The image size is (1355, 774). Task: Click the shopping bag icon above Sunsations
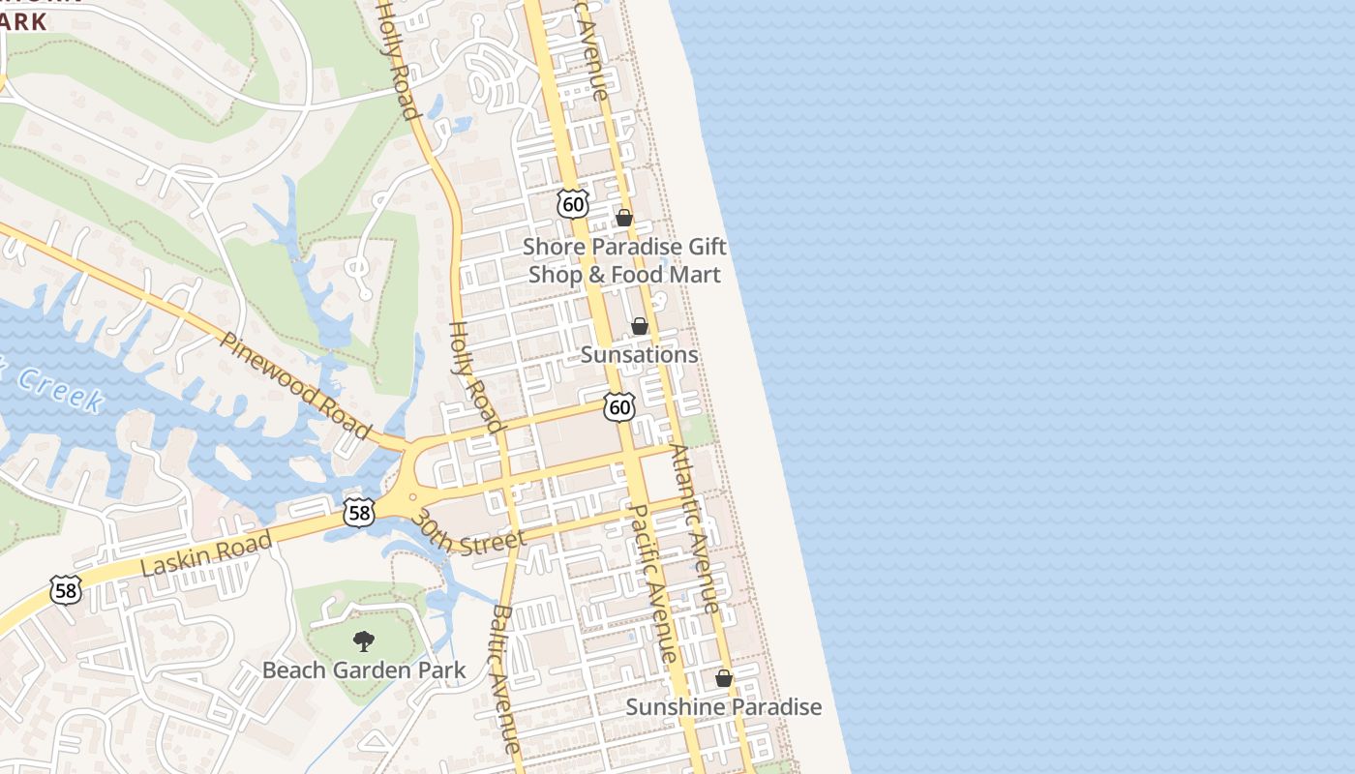[x=640, y=327]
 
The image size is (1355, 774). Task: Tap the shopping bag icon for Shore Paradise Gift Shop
[x=624, y=219]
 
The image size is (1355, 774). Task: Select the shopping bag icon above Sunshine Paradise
[x=723, y=679]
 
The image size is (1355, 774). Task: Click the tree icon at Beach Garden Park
[x=364, y=640]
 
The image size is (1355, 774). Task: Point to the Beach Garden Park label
[x=364, y=670]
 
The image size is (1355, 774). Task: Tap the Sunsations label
[x=639, y=355]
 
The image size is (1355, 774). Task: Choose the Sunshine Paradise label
[x=723, y=707]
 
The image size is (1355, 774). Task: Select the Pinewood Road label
[x=295, y=385]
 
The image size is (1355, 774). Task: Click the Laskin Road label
[x=206, y=554]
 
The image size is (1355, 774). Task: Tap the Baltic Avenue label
[x=506, y=677]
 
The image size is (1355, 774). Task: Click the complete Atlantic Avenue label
[x=696, y=528]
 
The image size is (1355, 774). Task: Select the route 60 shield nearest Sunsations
[x=619, y=407]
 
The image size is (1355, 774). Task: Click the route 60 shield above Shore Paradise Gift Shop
[x=573, y=203]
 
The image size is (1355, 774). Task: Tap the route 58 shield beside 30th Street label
[x=359, y=513]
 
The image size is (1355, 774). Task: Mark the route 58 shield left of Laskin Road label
[x=66, y=589]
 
